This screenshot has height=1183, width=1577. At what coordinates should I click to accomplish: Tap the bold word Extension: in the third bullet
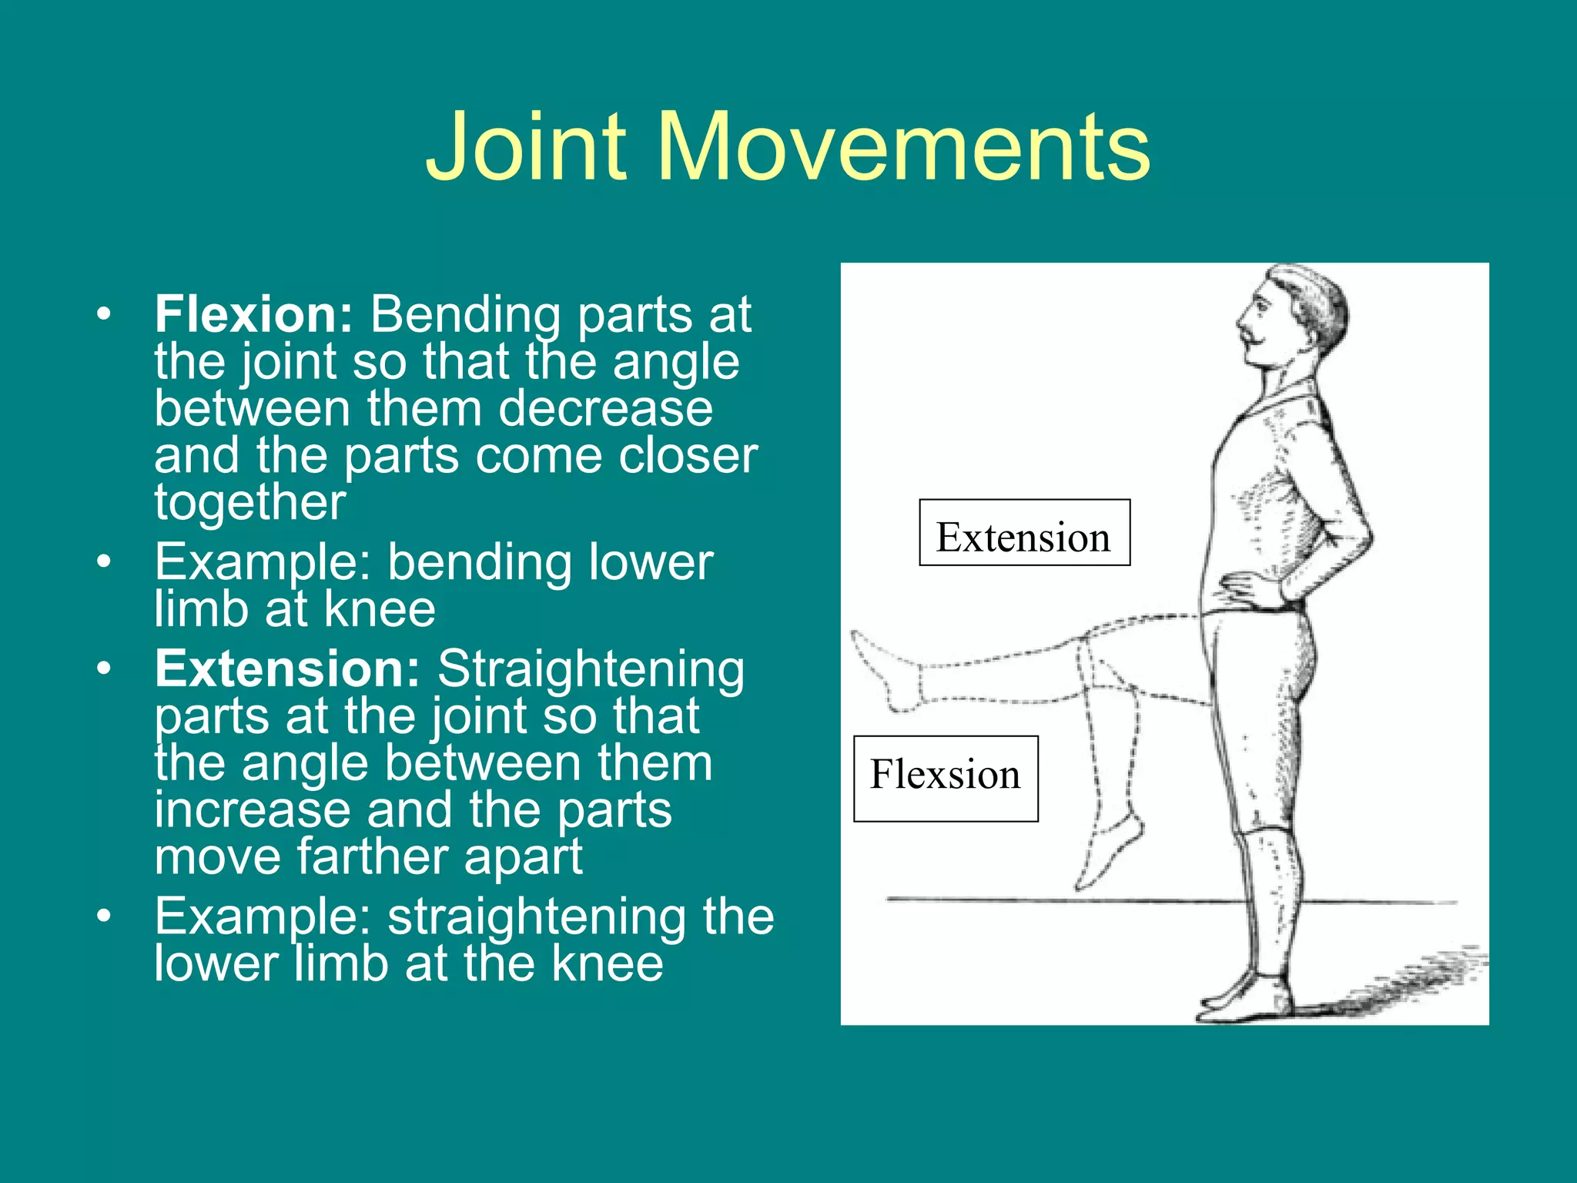coord(287,669)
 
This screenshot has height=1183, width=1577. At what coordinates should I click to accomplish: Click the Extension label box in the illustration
coord(1024,533)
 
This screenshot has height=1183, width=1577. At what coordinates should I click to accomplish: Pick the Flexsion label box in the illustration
coord(946,778)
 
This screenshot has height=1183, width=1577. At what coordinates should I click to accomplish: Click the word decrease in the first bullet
coord(605,409)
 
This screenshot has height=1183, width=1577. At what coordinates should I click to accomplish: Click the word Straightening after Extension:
coord(591,669)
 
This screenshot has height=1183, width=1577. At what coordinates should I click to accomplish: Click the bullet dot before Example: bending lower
coord(104,562)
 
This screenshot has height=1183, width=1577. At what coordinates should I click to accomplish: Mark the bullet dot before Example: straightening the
coord(104,917)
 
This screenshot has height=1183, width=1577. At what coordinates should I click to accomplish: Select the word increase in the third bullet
coord(252,810)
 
